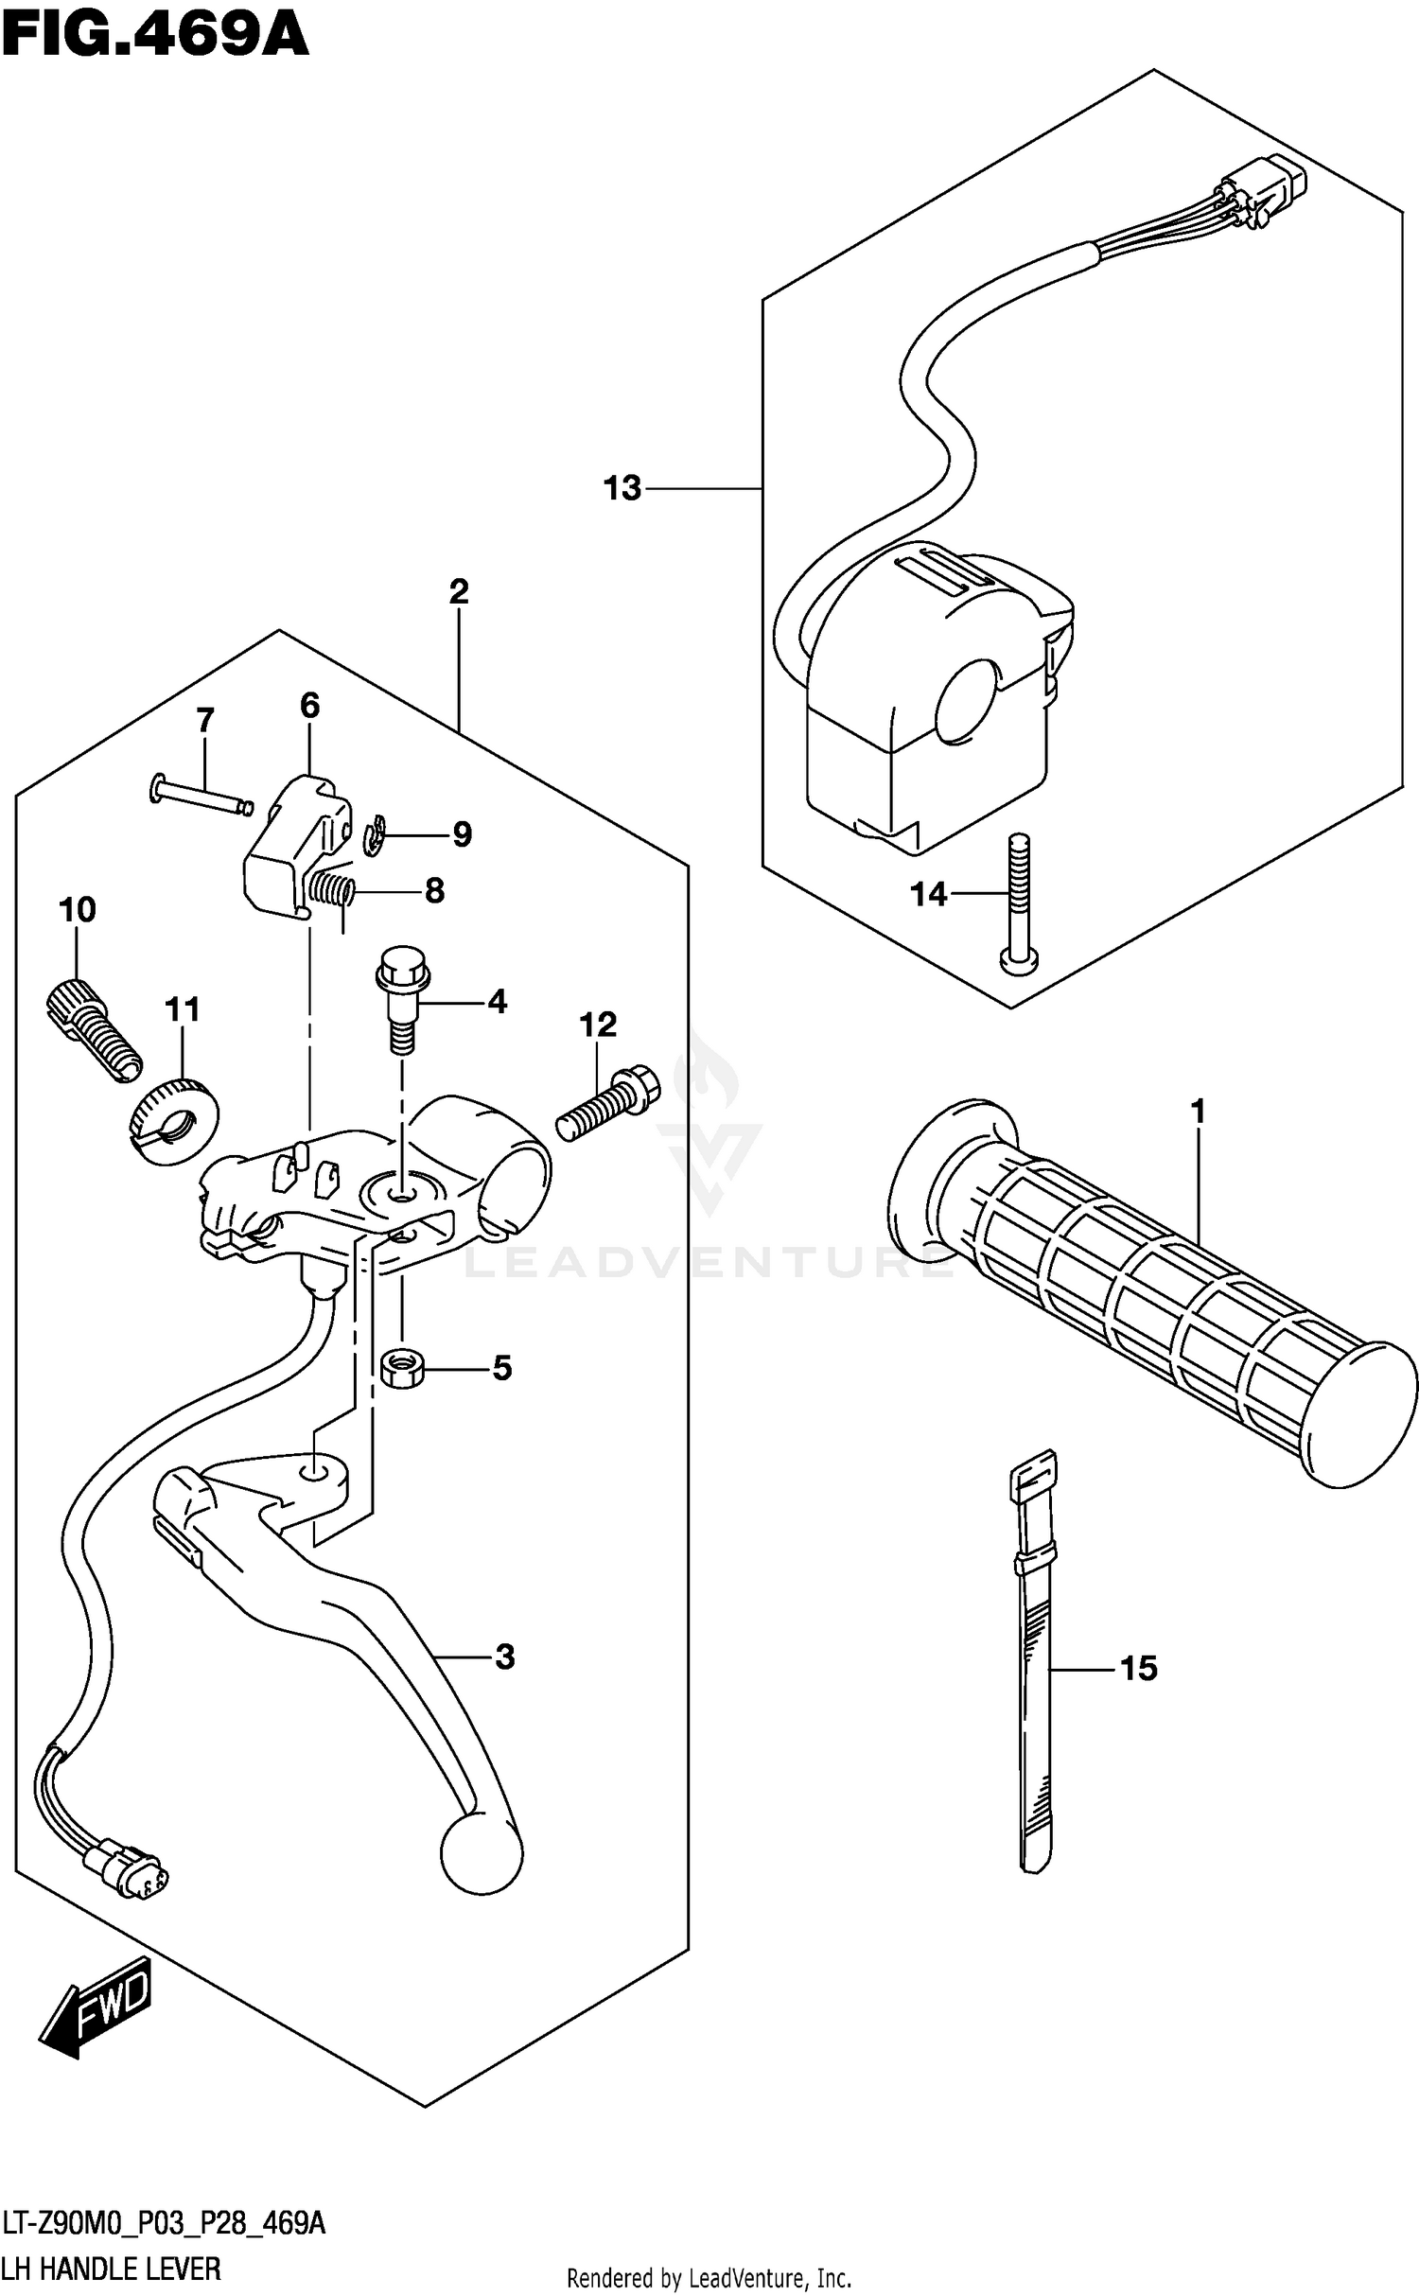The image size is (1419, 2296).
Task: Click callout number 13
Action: [622, 489]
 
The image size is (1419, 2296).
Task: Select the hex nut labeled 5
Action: [401, 1368]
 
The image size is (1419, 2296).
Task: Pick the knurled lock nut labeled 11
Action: [173, 1122]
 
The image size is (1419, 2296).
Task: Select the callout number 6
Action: [309, 705]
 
